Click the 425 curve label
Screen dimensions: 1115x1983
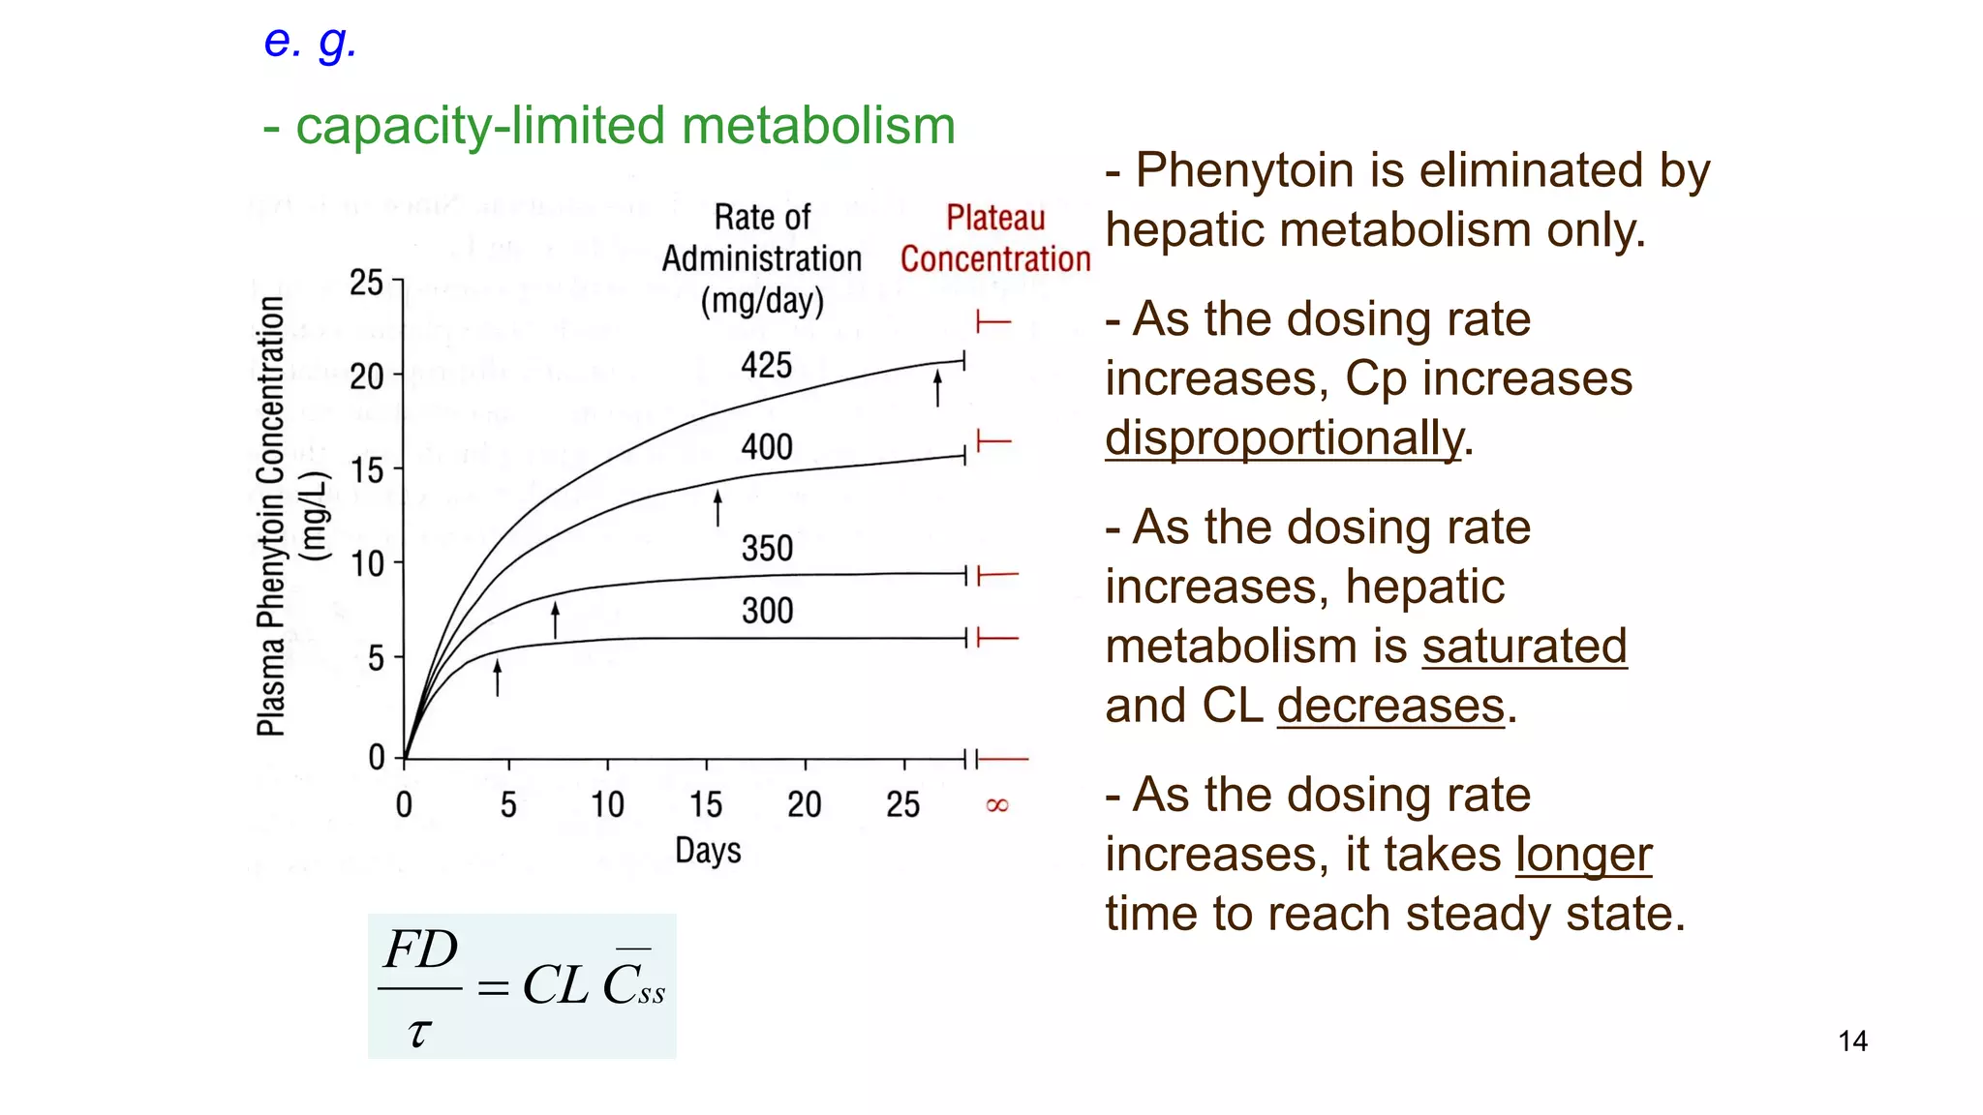(x=766, y=366)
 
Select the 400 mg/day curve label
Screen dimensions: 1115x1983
(x=767, y=447)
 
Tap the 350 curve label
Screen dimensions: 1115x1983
(x=767, y=549)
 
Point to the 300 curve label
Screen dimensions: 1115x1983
(x=767, y=611)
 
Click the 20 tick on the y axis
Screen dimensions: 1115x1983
(x=367, y=376)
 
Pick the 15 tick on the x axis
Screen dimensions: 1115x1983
(x=706, y=804)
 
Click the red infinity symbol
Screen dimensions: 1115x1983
(x=996, y=805)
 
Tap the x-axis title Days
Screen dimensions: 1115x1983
(x=708, y=851)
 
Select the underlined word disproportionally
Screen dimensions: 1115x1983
(x=1284, y=437)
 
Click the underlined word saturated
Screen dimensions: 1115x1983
(x=1524, y=646)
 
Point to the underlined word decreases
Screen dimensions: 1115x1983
(x=1390, y=705)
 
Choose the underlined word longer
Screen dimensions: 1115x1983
(x=1583, y=855)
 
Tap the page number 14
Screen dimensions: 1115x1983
(x=1852, y=1041)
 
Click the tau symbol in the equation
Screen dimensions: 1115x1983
(x=417, y=1032)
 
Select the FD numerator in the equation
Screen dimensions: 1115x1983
(x=420, y=949)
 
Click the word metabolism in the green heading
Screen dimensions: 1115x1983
(x=818, y=126)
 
